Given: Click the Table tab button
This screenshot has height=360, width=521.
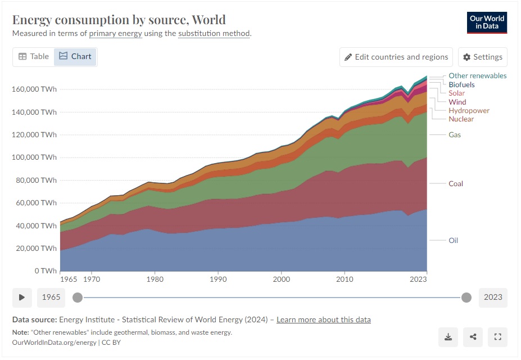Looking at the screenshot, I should tap(34, 57).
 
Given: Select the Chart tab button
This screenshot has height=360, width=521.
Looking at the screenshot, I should tap(75, 57).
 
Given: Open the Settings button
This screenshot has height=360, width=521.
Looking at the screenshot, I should tap(483, 57).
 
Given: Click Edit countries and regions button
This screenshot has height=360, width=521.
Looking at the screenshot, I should tap(396, 57).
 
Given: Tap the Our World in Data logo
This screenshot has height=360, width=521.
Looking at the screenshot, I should tap(487, 22).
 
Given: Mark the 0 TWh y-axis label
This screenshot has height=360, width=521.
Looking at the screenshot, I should tap(46, 271).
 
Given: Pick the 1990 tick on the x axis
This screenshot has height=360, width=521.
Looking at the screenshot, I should tap(219, 278).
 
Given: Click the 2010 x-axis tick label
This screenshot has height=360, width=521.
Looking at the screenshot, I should tap(345, 278).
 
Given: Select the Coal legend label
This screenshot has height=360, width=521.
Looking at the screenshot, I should tap(456, 183).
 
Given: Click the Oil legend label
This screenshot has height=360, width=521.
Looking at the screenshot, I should tap(453, 240).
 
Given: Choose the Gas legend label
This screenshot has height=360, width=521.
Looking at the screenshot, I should tap(455, 134).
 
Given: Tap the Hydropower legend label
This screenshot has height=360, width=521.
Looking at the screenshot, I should tap(469, 111).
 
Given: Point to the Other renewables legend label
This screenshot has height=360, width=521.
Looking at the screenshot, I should tap(477, 75).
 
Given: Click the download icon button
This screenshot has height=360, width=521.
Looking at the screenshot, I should tap(448, 337).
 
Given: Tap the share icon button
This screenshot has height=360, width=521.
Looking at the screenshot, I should tap(473, 337).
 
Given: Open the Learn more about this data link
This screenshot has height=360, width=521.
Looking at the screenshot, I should tap(323, 319).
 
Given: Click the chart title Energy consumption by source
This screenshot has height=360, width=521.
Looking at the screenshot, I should tap(119, 20).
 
